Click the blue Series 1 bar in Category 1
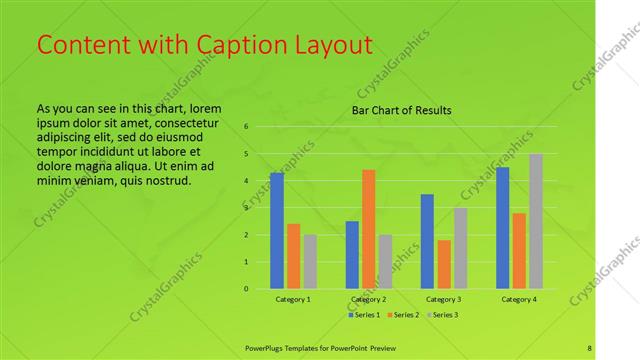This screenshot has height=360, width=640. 277,231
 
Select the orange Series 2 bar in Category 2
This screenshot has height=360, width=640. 369,229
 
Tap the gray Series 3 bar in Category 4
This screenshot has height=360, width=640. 536,221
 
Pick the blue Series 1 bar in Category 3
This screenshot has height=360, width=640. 427,241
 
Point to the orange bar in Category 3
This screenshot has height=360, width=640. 444,264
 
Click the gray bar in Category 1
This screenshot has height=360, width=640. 310,262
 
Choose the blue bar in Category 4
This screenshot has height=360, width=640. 503,228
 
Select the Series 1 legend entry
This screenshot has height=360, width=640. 364,315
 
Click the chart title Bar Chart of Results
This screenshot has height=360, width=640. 401,110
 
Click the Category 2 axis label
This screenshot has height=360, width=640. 369,299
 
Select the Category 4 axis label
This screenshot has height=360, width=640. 519,299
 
